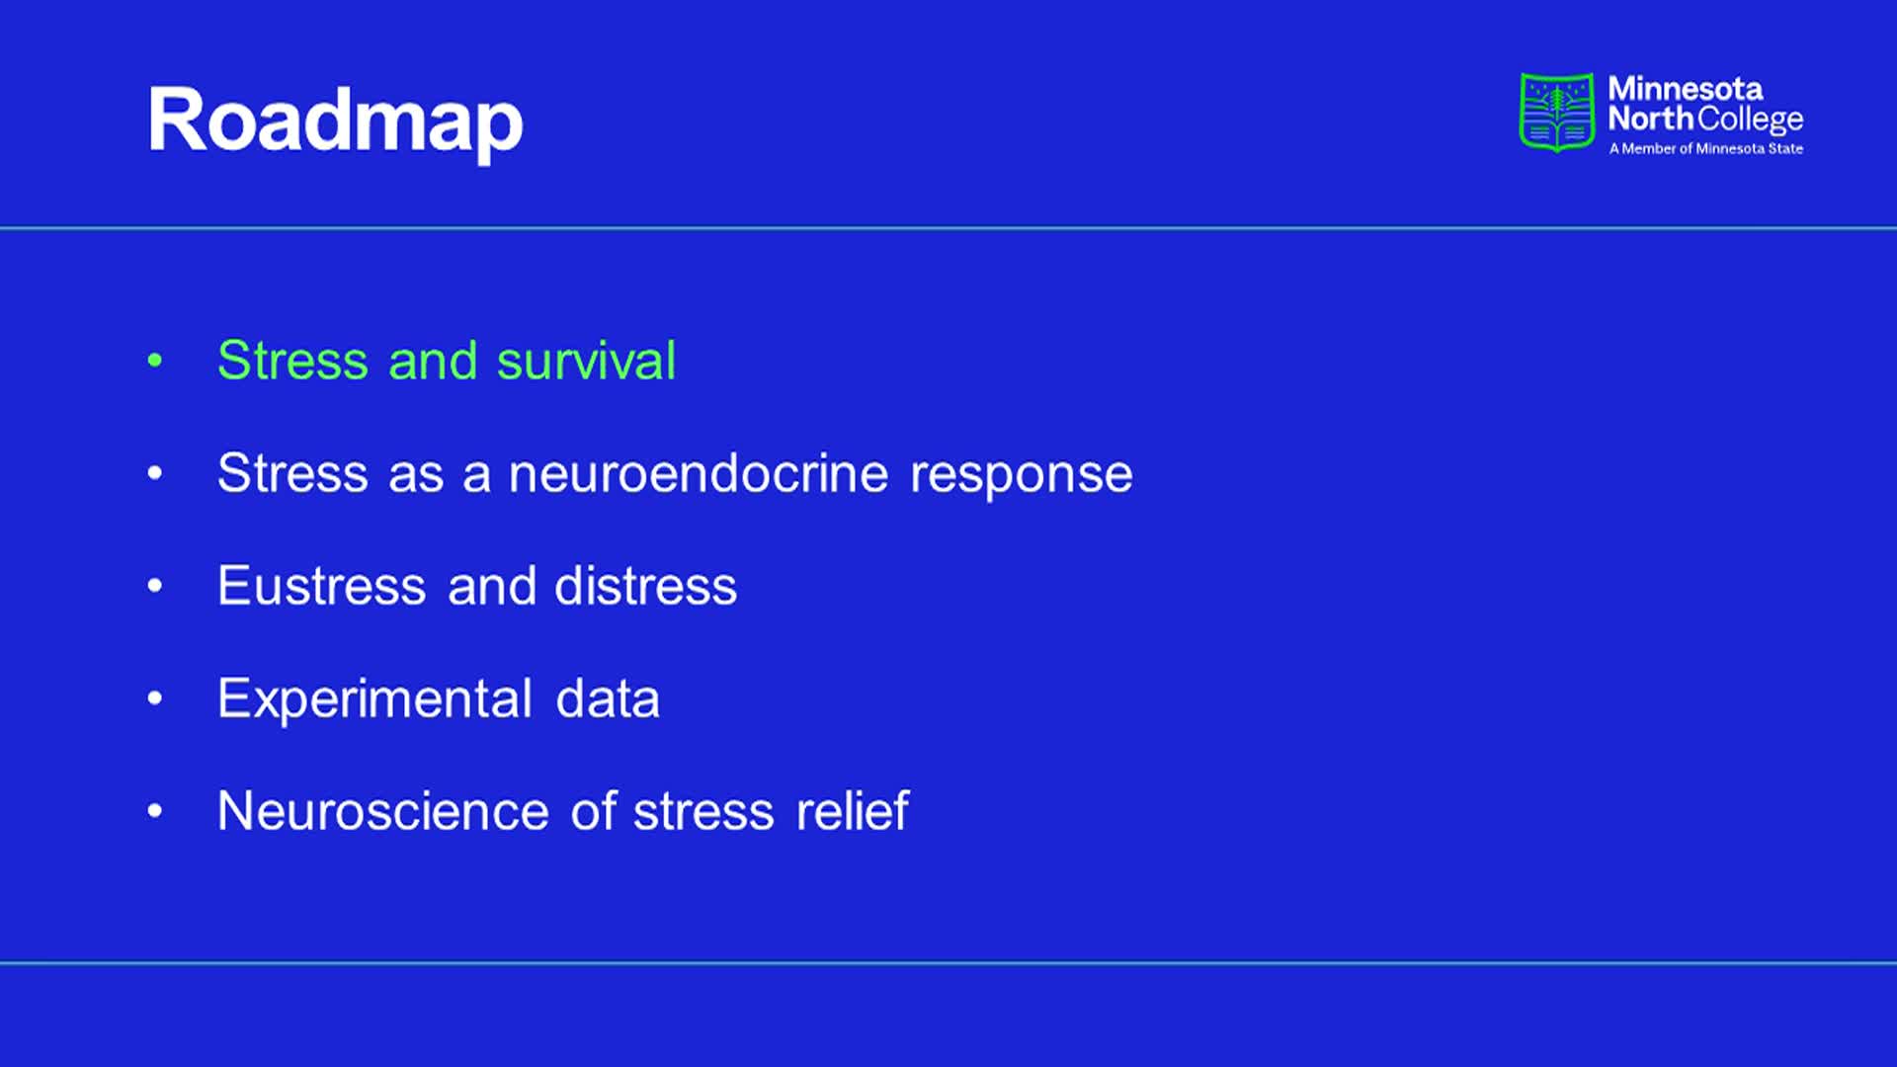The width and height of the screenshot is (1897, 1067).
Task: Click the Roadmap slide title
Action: coord(336,123)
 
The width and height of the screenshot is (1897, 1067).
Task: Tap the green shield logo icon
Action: coord(1556,113)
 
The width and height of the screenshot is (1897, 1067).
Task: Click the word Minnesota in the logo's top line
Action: coord(1685,89)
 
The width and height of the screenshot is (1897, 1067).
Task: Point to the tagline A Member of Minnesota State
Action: coord(1706,149)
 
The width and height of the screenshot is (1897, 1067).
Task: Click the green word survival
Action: coord(586,361)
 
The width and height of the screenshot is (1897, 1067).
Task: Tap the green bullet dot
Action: coord(155,360)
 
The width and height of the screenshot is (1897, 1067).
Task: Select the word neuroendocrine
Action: coord(699,473)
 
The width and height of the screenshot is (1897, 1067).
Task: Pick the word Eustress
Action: coord(322,586)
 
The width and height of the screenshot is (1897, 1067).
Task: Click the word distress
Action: coord(645,586)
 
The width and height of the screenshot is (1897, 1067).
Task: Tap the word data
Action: coord(608,698)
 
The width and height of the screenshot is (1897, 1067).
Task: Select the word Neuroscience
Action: coord(383,811)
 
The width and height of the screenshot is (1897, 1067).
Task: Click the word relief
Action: coord(852,811)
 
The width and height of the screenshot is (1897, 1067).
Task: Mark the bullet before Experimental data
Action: coord(155,698)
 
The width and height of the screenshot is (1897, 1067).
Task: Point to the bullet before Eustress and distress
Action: coord(155,586)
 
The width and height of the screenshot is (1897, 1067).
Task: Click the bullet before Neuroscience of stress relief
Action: coord(155,811)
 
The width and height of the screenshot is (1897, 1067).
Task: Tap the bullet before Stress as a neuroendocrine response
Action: coord(155,473)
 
